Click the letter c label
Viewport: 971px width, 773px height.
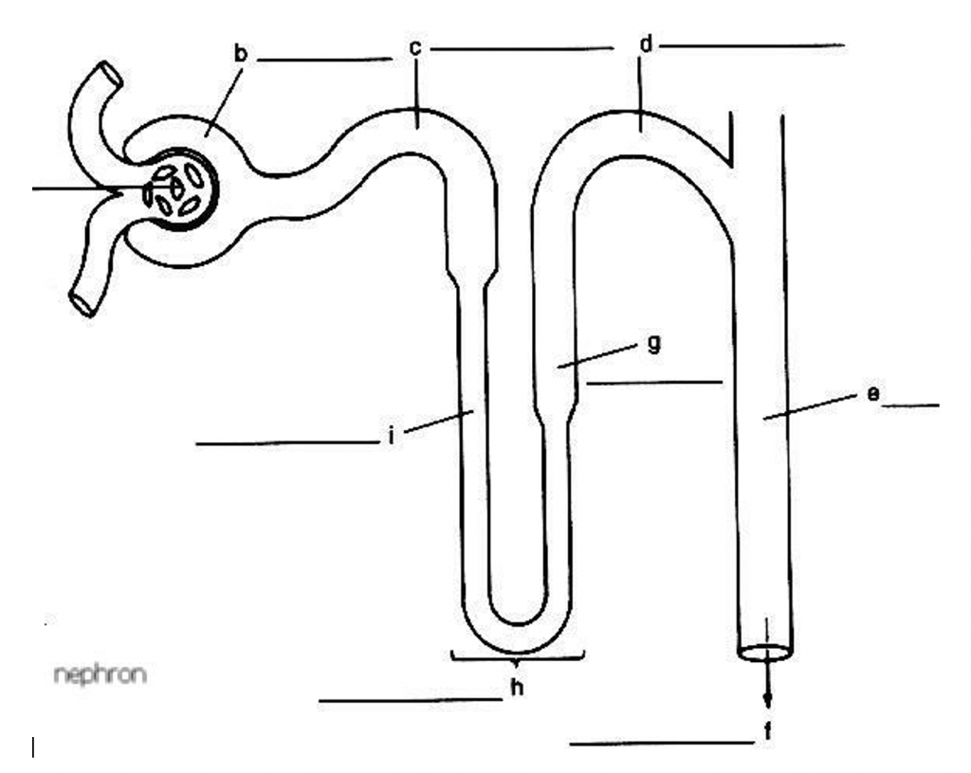click(415, 47)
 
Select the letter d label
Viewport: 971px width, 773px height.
click(646, 44)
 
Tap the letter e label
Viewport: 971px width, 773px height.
click(871, 394)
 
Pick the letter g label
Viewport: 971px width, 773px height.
click(652, 344)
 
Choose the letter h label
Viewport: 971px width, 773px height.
click(517, 689)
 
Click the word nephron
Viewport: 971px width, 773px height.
click(101, 675)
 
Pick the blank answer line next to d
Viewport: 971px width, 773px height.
click(754, 45)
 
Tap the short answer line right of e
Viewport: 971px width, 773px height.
click(909, 405)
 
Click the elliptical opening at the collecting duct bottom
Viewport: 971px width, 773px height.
click(766, 653)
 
